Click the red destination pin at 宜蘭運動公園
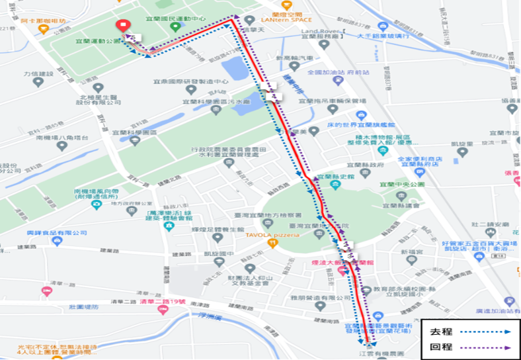click(123, 26)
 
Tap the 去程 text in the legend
click(442, 331)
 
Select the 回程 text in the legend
click(442, 346)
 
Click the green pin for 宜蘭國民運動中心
click(175, 27)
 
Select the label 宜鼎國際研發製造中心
click(190, 81)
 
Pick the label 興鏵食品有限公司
click(57, 233)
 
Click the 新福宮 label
click(410, 253)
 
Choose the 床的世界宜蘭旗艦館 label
click(360, 124)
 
